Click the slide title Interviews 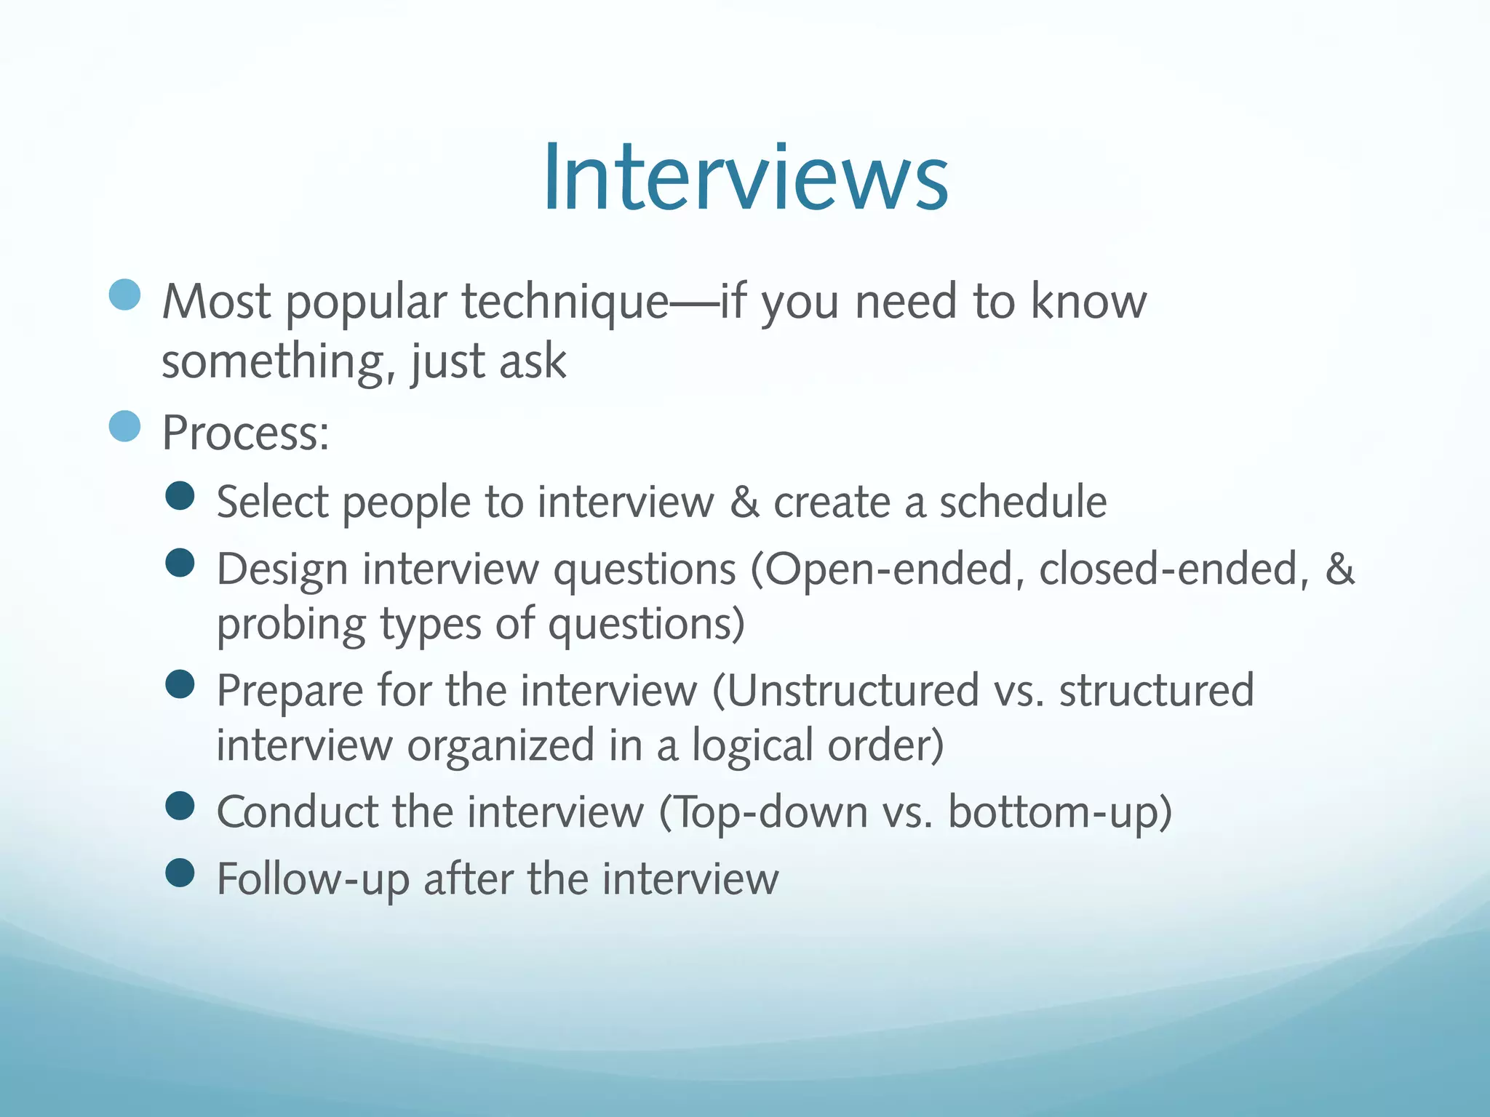(745, 178)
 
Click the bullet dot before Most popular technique (124, 295)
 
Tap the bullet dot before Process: (124, 426)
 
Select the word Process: (246, 433)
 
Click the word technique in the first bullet (565, 303)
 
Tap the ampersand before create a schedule (744, 502)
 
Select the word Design (282, 570)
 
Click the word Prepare (290, 692)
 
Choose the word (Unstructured (845, 690)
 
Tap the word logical (752, 746)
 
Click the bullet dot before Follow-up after (180, 873)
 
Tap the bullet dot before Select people (180, 496)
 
